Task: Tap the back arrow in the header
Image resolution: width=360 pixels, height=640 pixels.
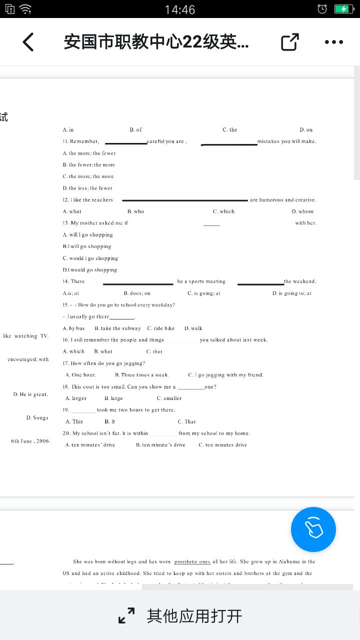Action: [28, 42]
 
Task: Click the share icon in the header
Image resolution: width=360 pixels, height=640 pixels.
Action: [289, 42]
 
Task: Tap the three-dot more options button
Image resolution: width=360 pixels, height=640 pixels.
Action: [333, 42]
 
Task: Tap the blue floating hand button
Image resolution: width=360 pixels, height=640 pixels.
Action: [313, 529]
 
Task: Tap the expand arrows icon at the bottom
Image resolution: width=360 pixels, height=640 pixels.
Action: [126, 615]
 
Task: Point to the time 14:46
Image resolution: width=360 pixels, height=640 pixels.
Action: [180, 9]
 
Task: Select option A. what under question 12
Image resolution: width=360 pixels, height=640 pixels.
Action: [72, 211]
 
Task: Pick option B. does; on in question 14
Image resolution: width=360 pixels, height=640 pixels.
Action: [137, 293]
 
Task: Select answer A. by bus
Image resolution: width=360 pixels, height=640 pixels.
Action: [73, 328]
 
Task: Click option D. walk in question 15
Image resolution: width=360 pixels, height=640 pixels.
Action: [193, 328]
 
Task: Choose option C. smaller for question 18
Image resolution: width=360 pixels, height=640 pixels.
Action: [169, 398]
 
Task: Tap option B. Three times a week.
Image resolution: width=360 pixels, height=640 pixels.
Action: [142, 375]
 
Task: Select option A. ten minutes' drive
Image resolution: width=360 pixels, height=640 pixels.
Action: [90, 445]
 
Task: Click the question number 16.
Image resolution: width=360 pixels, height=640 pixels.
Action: [65, 340]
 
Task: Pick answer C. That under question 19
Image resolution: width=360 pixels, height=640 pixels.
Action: [186, 422]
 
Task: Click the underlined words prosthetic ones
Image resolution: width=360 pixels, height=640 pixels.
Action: [192, 562]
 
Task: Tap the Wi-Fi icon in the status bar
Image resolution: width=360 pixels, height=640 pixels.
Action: [25, 9]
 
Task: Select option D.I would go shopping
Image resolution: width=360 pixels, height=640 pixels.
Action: [90, 270]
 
